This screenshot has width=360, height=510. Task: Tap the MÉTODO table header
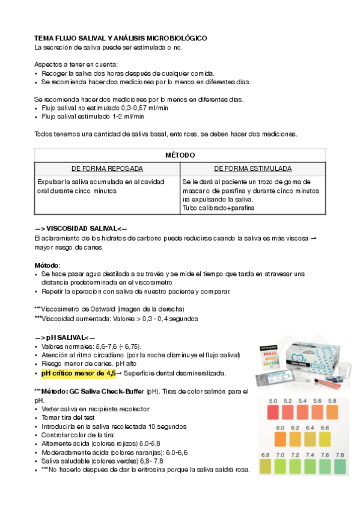[x=180, y=155]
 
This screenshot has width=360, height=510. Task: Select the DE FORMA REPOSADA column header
[x=107, y=169]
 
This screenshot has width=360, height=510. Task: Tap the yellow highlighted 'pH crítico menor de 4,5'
[x=78, y=373]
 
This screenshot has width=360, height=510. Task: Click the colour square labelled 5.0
[x=272, y=411]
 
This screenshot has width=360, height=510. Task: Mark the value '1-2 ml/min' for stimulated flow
[x=128, y=117]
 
